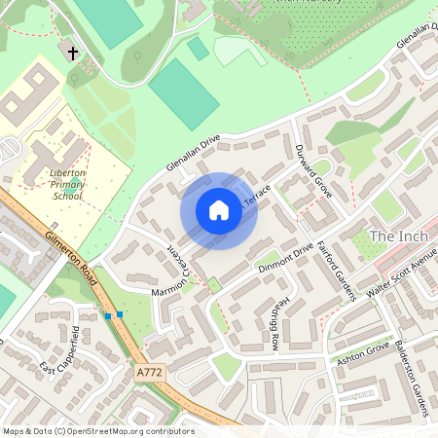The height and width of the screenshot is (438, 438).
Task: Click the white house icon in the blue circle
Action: click(219, 210)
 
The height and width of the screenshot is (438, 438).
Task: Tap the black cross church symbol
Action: click(73, 50)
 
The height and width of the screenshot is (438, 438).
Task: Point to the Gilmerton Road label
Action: click(74, 258)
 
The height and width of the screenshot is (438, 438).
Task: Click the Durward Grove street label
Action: click(313, 172)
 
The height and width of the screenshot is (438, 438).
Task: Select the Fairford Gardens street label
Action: click(336, 272)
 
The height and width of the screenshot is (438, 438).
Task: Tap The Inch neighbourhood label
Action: click(397, 237)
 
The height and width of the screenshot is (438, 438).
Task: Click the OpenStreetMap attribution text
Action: click(97, 430)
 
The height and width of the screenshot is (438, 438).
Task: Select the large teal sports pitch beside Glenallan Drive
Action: click(184, 93)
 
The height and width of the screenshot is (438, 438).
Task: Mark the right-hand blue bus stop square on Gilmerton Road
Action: click(119, 313)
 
